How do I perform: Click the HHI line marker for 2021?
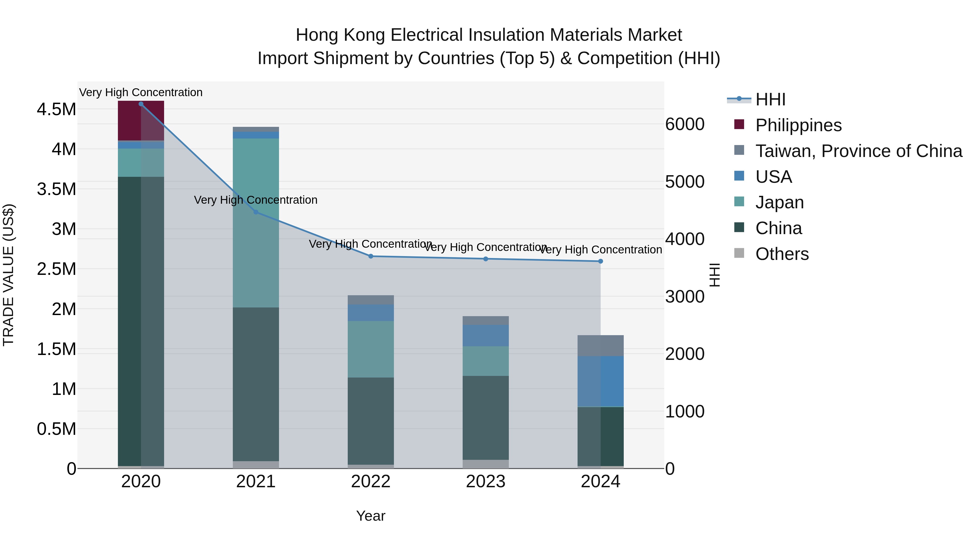(256, 212)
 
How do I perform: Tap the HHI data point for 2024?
(600, 261)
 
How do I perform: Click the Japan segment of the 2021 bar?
(256, 223)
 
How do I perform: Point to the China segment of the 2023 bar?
(485, 417)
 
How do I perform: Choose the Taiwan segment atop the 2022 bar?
(371, 300)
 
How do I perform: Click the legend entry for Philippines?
(798, 125)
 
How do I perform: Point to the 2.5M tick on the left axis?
(57, 269)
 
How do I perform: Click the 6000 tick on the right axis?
(685, 124)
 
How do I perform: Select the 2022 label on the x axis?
(371, 482)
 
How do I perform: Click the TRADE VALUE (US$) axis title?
(8, 275)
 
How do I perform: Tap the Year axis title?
(371, 516)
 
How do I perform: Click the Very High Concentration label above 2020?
(140, 92)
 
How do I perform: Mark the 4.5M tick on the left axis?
(57, 109)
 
